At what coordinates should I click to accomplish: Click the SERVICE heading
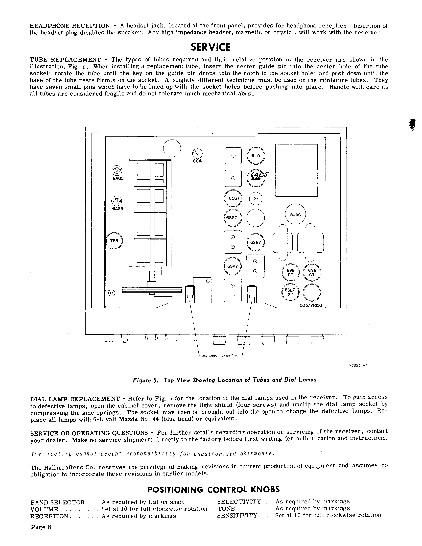coord(211,47)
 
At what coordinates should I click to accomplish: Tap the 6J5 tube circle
coord(256,156)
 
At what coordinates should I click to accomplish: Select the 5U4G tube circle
coord(295,214)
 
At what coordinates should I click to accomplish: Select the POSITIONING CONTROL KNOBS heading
coord(213,489)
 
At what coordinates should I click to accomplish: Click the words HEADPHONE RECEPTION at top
coord(70,26)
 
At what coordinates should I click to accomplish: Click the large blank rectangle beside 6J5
coord(296,170)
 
